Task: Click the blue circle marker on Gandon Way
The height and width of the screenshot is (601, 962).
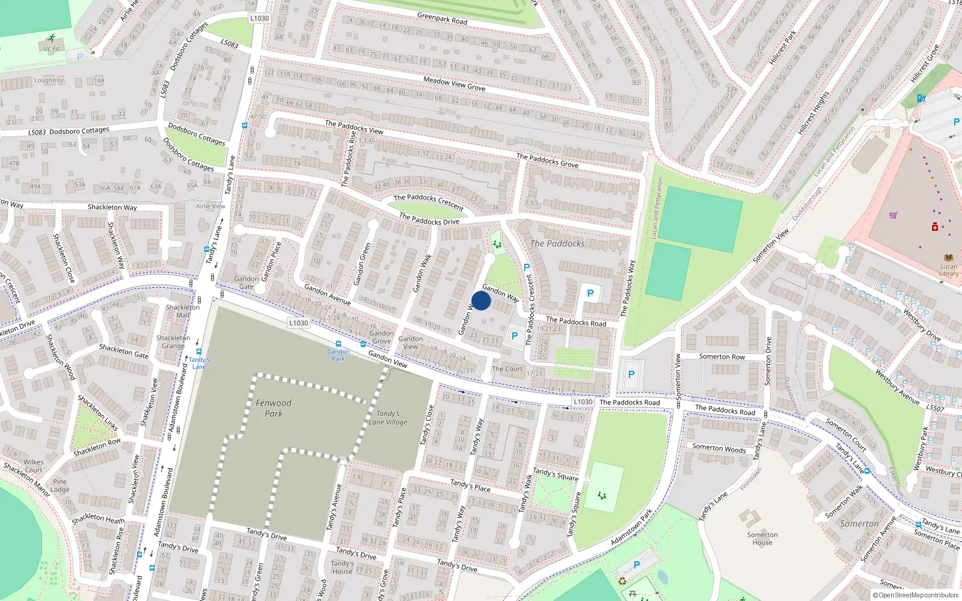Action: tap(481, 301)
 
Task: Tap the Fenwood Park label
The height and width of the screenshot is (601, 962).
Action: tap(274, 408)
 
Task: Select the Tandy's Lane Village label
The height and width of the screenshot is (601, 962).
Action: tap(388, 418)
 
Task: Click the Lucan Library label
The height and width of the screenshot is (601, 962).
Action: tap(949, 270)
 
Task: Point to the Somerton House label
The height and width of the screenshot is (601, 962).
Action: tap(762, 538)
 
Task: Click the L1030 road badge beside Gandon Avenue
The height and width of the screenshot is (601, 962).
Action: tap(298, 323)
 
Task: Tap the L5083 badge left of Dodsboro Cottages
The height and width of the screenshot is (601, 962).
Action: tap(37, 132)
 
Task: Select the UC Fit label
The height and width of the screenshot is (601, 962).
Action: tap(51, 49)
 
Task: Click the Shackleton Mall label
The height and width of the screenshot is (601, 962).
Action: tap(182, 311)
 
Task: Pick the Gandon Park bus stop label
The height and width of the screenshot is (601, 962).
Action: tap(339, 355)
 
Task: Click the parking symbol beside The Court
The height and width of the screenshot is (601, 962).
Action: tap(515, 337)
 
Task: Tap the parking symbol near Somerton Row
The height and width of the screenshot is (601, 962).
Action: tap(631, 374)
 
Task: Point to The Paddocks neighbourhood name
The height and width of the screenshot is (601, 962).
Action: tap(557, 243)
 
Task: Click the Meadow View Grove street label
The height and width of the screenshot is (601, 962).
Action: tap(454, 84)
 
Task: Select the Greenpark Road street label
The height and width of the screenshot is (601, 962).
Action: tap(442, 19)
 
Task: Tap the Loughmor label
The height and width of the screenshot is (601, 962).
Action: tap(49, 81)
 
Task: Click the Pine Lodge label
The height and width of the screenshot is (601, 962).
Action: tap(60, 486)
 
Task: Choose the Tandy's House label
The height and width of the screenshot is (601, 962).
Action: tap(342, 567)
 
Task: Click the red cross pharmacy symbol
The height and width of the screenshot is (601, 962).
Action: tap(935, 227)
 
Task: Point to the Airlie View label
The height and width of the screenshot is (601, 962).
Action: tap(210, 206)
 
